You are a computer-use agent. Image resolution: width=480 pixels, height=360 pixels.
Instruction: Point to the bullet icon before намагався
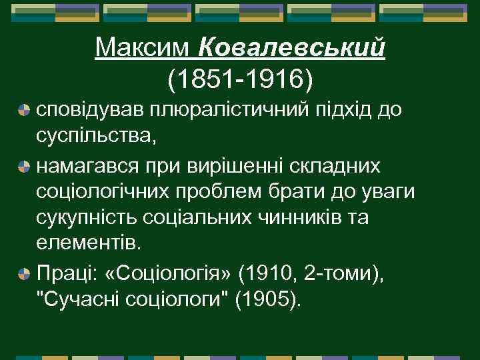click(x=24, y=165)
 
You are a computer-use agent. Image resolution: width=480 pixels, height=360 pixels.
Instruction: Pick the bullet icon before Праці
click(x=24, y=274)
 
